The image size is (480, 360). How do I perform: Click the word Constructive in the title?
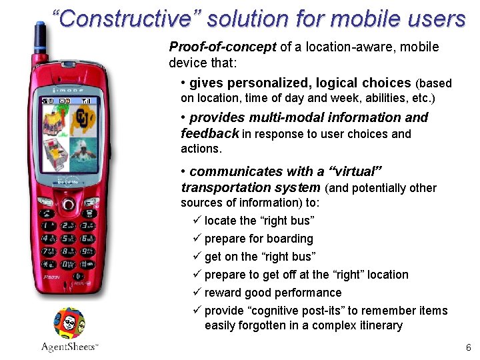125,19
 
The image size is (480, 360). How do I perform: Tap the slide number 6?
468,347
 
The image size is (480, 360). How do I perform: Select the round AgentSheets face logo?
69,323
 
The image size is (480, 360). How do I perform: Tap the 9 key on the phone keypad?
87,253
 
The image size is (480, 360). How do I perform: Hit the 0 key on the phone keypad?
68,265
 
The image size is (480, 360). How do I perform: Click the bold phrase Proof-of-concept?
223,47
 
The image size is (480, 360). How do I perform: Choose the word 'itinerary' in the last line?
379,325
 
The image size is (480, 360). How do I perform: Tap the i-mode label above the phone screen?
69,89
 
